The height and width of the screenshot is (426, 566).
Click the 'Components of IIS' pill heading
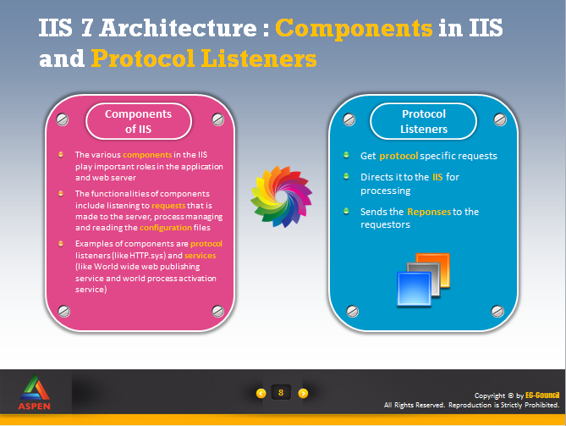[x=139, y=121]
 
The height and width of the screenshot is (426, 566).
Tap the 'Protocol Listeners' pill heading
[x=423, y=121]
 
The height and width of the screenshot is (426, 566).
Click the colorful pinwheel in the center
[x=281, y=196]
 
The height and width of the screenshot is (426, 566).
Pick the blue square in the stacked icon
[x=414, y=289]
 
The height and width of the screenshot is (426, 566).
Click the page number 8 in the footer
[x=281, y=393]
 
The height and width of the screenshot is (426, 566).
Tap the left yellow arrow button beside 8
[x=261, y=393]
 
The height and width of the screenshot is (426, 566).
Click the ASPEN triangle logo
[x=35, y=387]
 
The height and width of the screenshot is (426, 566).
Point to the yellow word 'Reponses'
[x=429, y=212]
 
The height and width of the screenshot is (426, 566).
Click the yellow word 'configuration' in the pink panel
[x=166, y=228]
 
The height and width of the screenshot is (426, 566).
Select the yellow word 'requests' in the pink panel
[x=168, y=206]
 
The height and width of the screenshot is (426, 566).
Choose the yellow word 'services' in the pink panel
[x=200, y=256]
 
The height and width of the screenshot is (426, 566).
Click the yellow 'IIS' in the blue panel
[x=437, y=177]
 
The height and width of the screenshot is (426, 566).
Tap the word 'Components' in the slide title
[x=354, y=28]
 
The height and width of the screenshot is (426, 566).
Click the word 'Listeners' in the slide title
[x=259, y=58]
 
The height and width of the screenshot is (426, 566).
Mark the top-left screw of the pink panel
[x=63, y=119]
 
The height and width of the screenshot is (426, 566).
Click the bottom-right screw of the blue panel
[x=497, y=311]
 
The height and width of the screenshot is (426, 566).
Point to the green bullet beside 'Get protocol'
[x=346, y=155]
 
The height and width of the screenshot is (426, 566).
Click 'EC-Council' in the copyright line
[x=542, y=396]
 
